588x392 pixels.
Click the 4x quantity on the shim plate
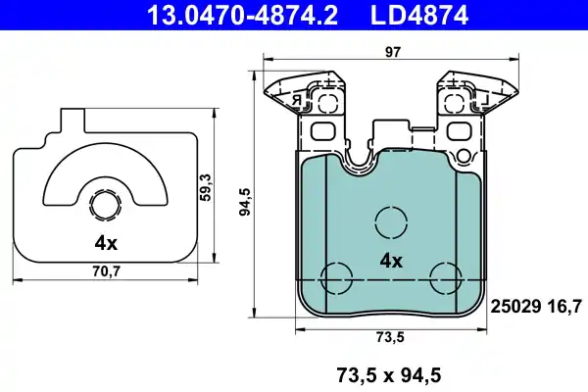tap(106, 242)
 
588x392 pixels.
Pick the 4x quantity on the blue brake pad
tap(391, 261)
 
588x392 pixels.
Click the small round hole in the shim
tap(105, 205)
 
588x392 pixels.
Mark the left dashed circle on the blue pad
tap(339, 277)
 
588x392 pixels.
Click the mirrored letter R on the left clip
tap(293, 99)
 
